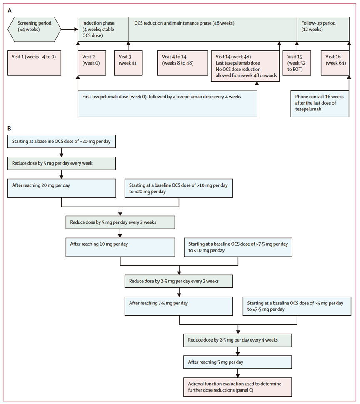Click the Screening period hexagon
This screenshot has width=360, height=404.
(34, 29)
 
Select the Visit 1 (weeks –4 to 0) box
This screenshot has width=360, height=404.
(34, 63)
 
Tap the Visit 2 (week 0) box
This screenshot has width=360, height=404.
(92, 63)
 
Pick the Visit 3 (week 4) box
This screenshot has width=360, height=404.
(128, 63)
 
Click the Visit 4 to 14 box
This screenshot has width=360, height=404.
(182, 63)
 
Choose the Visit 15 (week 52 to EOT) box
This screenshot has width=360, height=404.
(297, 63)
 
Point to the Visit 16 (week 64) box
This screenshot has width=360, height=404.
(335, 63)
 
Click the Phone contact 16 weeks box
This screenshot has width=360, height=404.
(320, 104)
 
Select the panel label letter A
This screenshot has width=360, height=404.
(10, 10)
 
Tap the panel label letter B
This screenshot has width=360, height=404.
(9, 128)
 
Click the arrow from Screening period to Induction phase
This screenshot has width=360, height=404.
(69, 30)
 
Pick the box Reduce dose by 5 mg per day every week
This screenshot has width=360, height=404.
(62, 163)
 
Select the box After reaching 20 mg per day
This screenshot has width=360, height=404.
(62, 188)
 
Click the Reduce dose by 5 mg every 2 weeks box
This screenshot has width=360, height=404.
(120, 222)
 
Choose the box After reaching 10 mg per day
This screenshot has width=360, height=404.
(120, 247)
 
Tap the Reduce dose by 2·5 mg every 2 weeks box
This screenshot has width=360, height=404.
(179, 281)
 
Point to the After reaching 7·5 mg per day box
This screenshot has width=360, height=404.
(179, 306)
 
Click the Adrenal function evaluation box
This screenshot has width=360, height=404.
(237, 387)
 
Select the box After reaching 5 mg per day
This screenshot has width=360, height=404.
(237, 362)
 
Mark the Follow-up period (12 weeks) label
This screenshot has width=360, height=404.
(318, 26)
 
